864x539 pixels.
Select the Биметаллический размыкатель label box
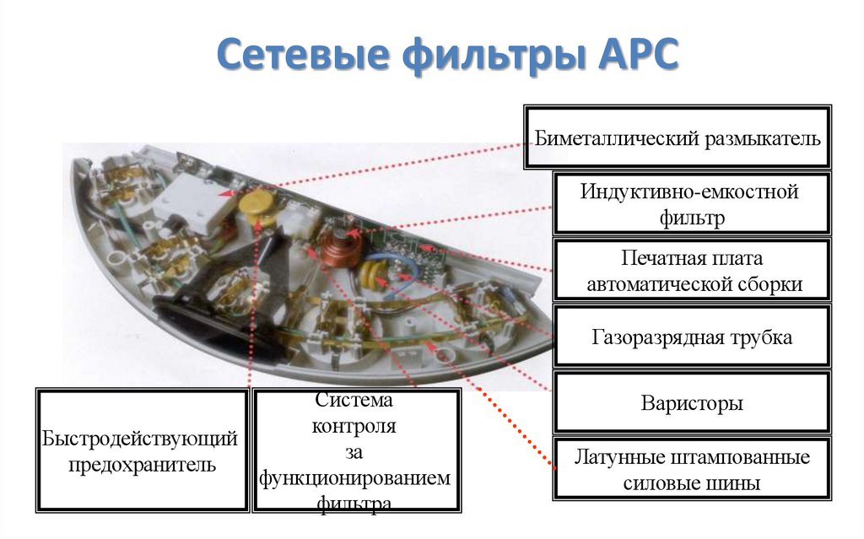tap(678, 137)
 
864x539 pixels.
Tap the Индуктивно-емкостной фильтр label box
tap(690, 204)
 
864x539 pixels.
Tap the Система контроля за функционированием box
tap(355, 450)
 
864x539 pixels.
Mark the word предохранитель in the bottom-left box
tap(142, 464)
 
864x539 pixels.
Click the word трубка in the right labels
tap(761, 337)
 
